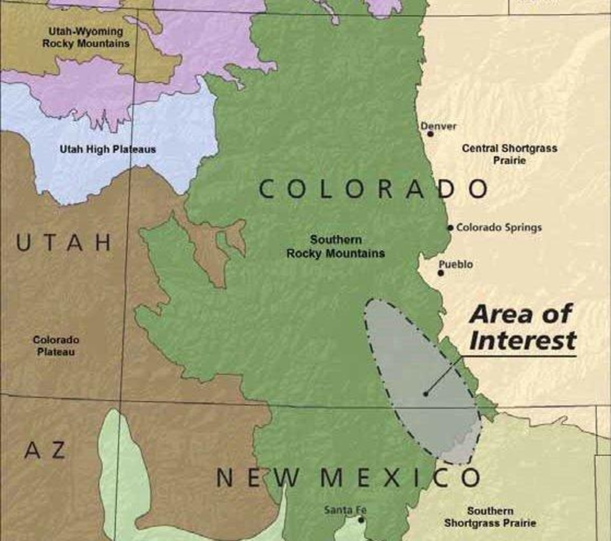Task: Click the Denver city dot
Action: tap(430, 134)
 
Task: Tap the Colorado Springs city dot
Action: tap(450, 227)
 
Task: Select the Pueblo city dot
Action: tap(440, 273)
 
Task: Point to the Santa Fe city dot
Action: tap(360, 520)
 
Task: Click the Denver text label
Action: tap(438, 126)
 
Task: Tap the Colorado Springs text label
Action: tap(499, 227)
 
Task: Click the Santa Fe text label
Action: tap(345, 510)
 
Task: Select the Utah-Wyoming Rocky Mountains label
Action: tap(86, 37)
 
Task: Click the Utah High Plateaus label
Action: tap(108, 150)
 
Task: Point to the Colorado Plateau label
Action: tap(56, 345)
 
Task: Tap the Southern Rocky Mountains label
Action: tap(336, 246)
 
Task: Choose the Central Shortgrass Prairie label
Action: tap(509, 154)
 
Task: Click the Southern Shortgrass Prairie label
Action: tap(490, 517)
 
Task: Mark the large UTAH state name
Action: tap(64, 243)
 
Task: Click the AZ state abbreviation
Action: tap(45, 450)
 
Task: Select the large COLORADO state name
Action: tap(373, 189)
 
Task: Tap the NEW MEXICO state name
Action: tap(348, 477)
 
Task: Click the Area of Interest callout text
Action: tap(522, 328)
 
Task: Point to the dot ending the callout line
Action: tap(426, 394)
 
